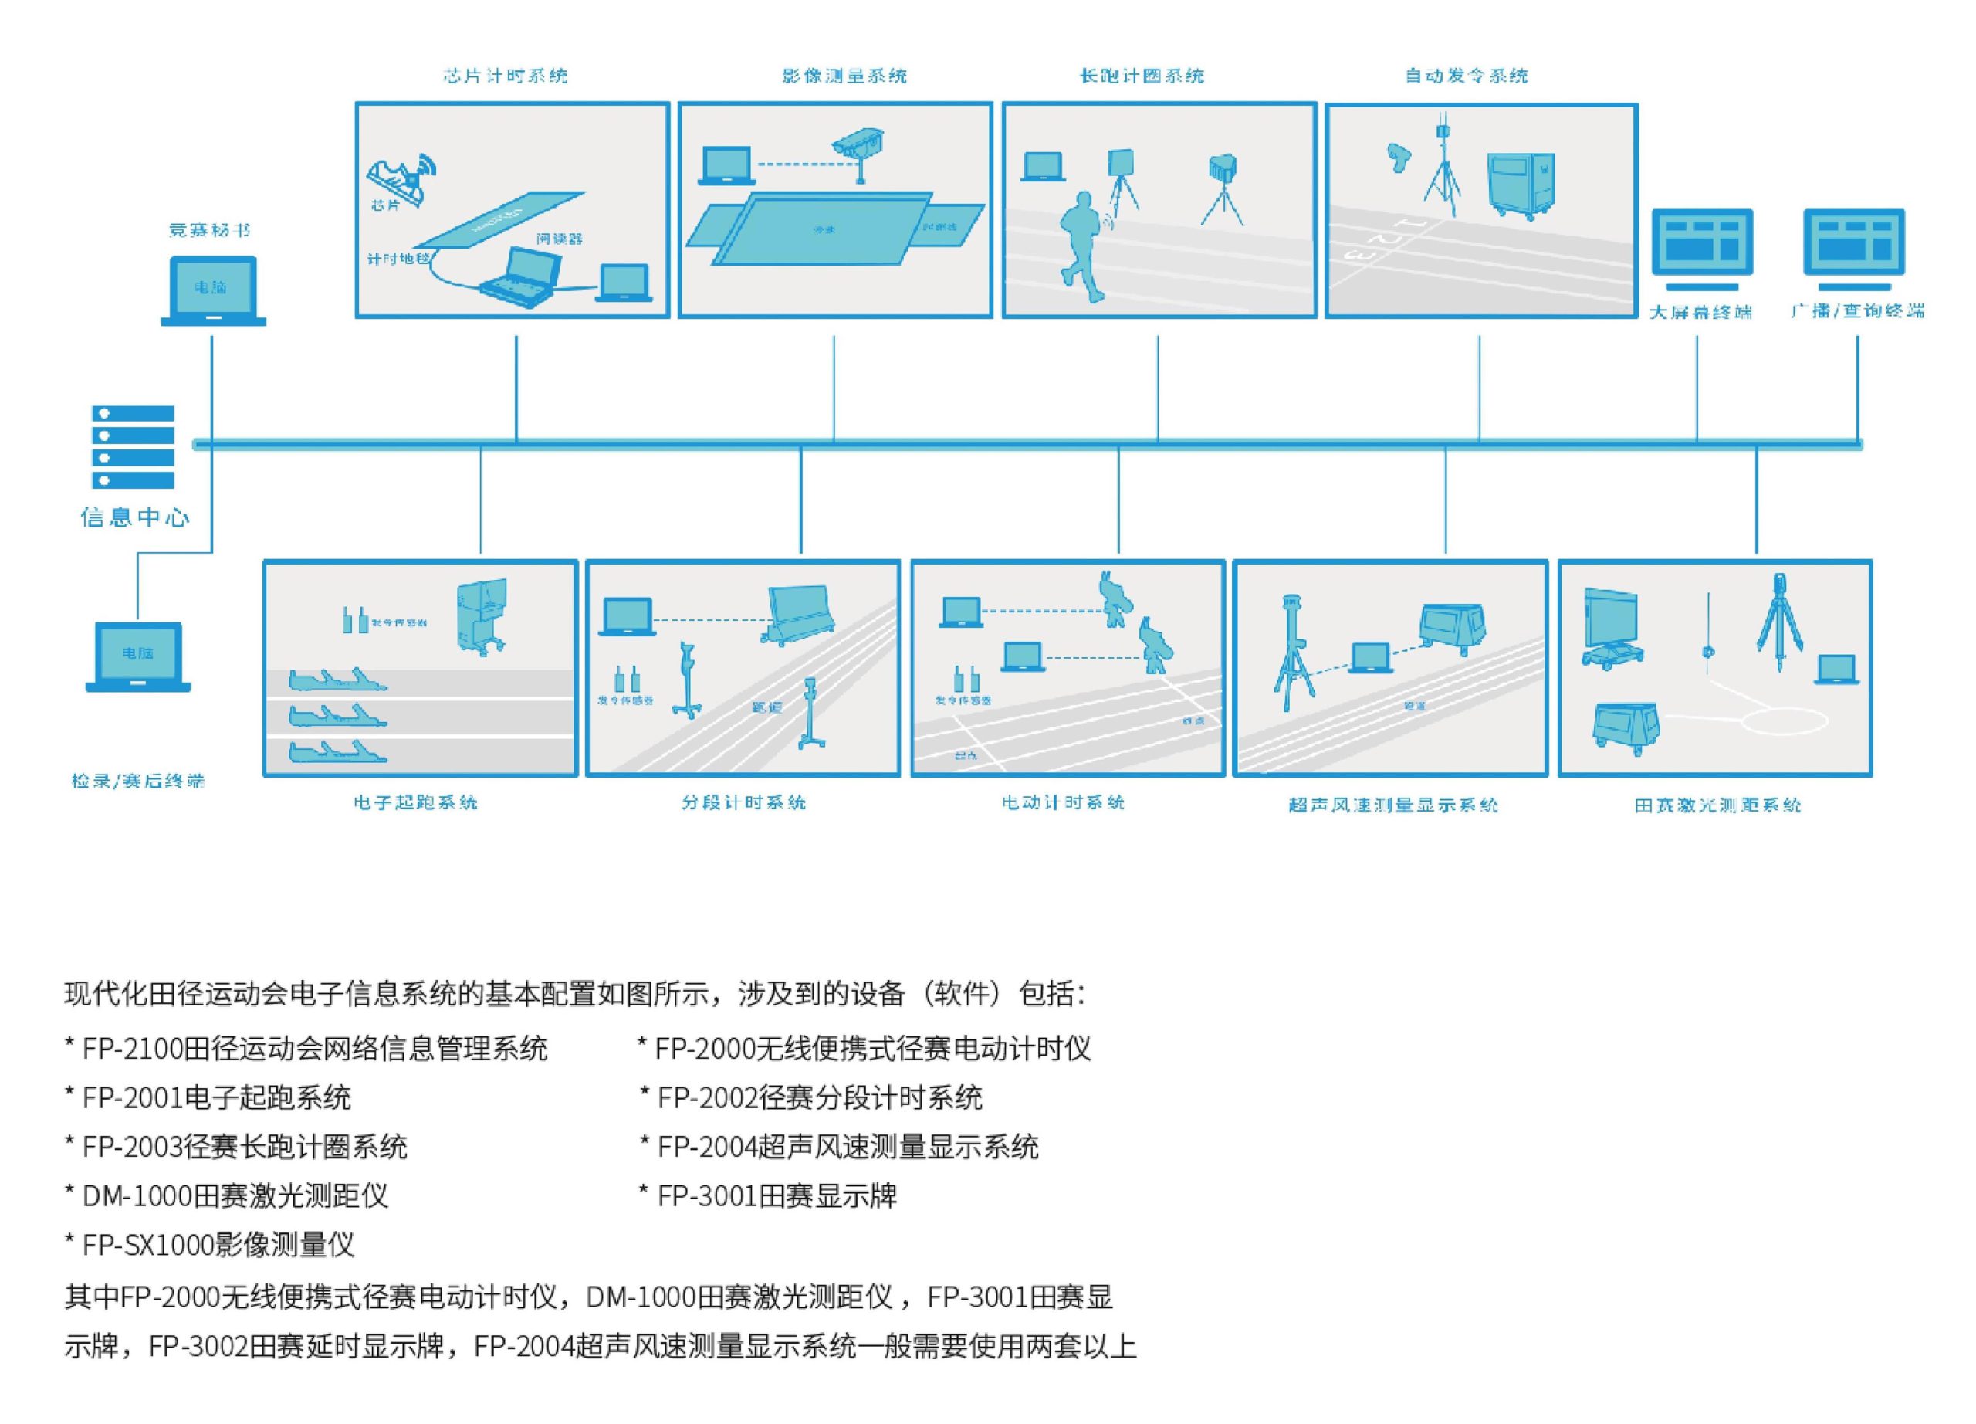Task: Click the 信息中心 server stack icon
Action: click(133, 446)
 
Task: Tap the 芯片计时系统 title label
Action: click(506, 76)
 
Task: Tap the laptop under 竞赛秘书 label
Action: click(212, 290)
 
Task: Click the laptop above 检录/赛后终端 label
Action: click(137, 656)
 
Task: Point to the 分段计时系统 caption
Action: click(743, 802)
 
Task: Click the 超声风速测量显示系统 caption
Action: click(1393, 805)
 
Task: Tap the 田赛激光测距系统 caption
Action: click(1717, 805)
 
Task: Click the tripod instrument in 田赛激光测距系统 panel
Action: click(1778, 623)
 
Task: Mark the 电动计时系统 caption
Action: click(1064, 802)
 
